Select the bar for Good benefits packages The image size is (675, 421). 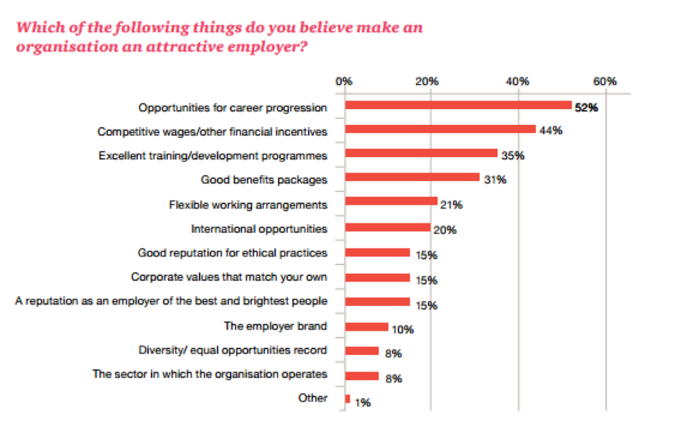412,177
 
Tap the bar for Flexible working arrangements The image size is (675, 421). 391,202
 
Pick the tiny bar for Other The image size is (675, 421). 348,399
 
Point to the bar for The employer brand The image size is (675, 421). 366,327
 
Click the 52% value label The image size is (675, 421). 586,108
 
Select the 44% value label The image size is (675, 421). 550,131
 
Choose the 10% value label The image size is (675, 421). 403,330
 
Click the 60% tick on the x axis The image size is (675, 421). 605,81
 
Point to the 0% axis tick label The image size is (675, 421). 344,81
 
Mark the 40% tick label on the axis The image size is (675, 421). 518,81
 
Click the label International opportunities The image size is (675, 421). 259,229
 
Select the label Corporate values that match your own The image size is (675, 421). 229,277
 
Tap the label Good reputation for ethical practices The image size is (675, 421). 233,253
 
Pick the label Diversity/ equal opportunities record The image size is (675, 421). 233,351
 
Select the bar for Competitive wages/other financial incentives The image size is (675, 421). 440,129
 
